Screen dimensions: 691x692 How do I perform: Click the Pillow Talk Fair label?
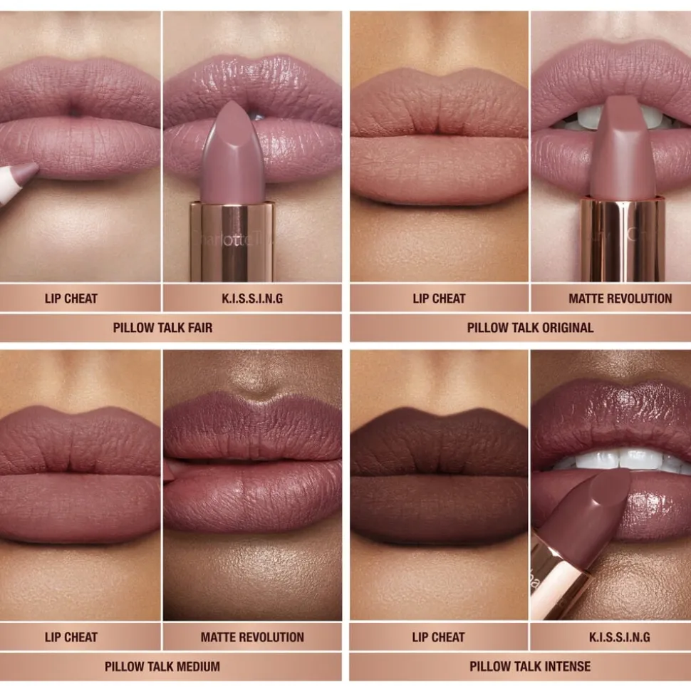point(162,328)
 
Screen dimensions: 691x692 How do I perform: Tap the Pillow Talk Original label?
point(530,328)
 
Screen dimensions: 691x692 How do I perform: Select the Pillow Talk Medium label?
point(162,666)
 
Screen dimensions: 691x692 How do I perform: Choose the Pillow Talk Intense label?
point(530,666)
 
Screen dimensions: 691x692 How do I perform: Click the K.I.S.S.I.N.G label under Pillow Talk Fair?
point(252,299)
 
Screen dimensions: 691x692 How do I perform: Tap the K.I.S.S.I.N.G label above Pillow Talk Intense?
point(620,637)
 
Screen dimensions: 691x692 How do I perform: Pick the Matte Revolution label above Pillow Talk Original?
point(620,299)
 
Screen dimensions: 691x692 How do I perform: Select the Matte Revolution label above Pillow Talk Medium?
point(252,637)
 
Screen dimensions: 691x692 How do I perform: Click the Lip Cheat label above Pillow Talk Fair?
point(71,299)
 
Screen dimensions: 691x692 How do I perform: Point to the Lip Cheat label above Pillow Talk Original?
point(439,299)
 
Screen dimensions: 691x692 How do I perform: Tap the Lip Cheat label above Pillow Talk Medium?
point(71,637)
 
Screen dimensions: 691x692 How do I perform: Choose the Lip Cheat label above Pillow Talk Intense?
point(439,637)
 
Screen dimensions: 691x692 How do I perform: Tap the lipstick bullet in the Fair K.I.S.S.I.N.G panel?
point(232,153)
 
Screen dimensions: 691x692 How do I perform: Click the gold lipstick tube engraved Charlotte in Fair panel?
point(232,242)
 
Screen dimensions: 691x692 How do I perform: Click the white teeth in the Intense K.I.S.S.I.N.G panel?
point(618,459)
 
